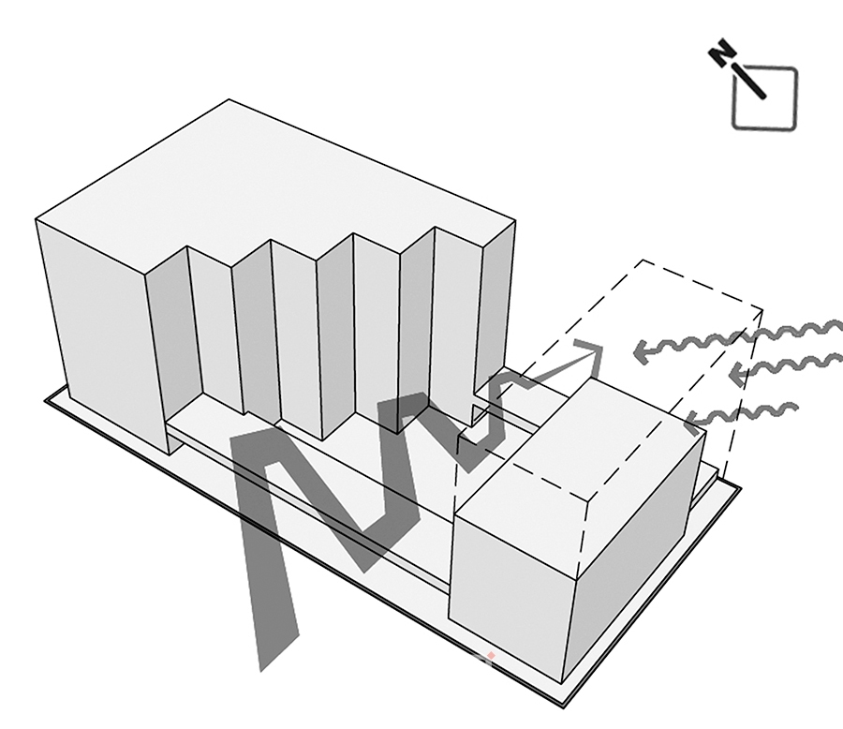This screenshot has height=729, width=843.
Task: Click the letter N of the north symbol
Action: click(x=721, y=52)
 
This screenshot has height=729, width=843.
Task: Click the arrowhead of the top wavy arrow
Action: click(x=643, y=352)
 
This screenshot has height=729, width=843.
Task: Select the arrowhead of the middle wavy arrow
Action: click(x=738, y=375)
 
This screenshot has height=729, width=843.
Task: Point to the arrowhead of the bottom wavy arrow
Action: click(x=695, y=422)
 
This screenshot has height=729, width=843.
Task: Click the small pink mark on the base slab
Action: click(x=490, y=656)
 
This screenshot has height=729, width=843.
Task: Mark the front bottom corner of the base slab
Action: click(x=564, y=707)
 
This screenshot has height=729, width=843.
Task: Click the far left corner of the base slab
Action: click(x=45, y=400)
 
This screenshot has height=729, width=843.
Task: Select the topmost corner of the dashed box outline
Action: click(x=643, y=260)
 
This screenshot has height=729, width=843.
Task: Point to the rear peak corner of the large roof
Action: click(x=229, y=99)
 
